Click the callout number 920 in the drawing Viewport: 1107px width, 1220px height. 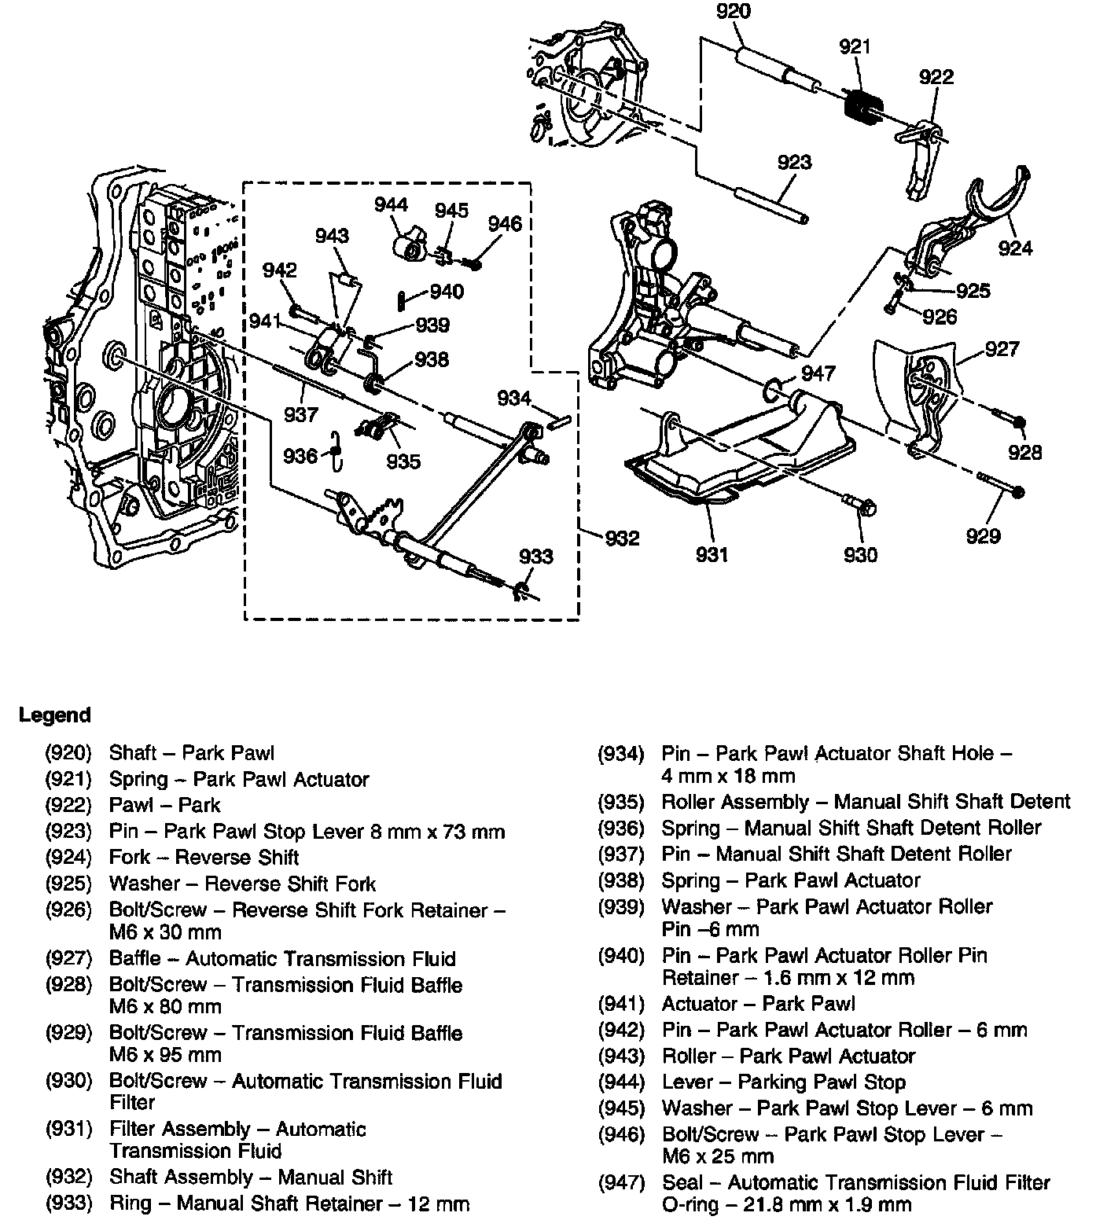(x=734, y=12)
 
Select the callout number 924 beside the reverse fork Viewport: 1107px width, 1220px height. (x=1015, y=248)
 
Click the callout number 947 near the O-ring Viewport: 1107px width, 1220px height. (x=818, y=373)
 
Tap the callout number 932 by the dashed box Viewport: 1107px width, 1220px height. (x=623, y=538)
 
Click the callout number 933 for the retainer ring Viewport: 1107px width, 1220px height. (x=536, y=557)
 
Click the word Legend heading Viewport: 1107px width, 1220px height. (x=55, y=715)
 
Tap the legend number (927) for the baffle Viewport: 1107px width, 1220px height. (x=68, y=959)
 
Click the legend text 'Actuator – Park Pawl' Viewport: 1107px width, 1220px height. (x=758, y=1004)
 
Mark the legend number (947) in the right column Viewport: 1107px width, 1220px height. (x=621, y=1182)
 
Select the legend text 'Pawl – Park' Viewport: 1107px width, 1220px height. (x=164, y=806)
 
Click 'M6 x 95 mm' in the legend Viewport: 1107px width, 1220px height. (x=165, y=1055)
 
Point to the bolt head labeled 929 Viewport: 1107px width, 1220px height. (x=1019, y=493)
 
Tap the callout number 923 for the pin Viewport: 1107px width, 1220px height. (x=794, y=162)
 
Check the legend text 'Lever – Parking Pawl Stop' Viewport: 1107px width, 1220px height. (x=783, y=1082)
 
